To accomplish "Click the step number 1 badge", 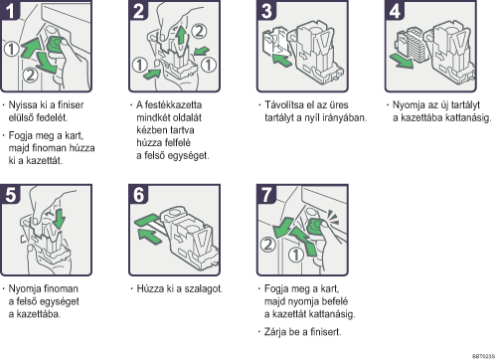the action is tap(10, 10).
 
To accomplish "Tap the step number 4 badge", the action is tap(395, 10).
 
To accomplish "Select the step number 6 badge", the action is tap(138, 194).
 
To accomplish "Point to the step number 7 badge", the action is tap(266, 194).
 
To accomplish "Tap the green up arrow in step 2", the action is tap(181, 35).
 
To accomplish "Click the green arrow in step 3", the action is tap(282, 60).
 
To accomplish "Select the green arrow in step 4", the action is tap(402, 62).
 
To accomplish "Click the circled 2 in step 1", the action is tap(30, 75).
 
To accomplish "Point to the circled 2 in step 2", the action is tap(199, 32).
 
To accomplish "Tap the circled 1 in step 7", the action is tap(295, 255).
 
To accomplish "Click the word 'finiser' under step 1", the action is tap(71, 105).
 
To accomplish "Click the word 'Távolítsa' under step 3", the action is tap(284, 105).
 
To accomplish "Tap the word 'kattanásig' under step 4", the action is tap(467, 117).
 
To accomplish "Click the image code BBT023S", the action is tap(483, 356).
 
